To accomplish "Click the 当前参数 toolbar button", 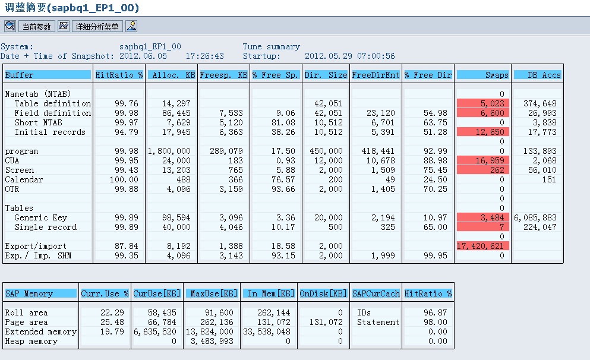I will (x=36, y=27).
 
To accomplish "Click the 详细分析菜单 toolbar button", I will (x=97, y=27).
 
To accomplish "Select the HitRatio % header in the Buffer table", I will (x=119, y=75).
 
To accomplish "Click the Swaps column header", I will (x=483, y=75).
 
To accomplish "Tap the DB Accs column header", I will (x=537, y=75).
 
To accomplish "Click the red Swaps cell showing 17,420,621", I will (x=482, y=246).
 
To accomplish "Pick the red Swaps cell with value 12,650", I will (x=482, y=132).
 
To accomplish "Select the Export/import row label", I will (x=36, y=246).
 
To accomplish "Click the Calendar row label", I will (x=24, y=179).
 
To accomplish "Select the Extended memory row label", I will (x=40, y=331).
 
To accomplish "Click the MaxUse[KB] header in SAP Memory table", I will (x=212, y=293).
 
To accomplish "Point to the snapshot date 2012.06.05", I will (x=143, y=56).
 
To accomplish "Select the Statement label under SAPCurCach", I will (x=378, y=322).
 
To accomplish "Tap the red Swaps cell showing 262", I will (x=482, y=170).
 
